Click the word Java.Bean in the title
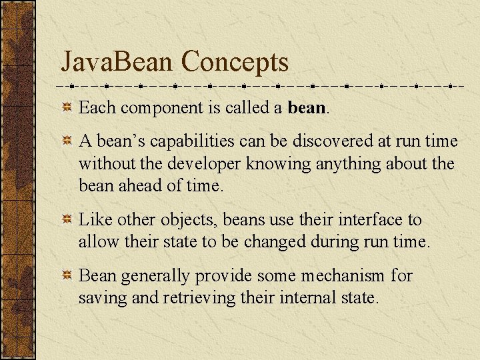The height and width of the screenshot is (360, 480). pyautogui.click(x=117, y=62)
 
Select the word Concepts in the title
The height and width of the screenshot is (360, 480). pyautogui.click(x=235, y=62)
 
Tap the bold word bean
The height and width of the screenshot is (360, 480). pyautogui.click(x=307, y=107)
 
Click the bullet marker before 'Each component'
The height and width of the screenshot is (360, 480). pyautogui.click(x=67, y=107)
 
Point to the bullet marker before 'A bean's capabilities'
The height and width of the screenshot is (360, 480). pyautogui.click(x=67, y=142)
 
